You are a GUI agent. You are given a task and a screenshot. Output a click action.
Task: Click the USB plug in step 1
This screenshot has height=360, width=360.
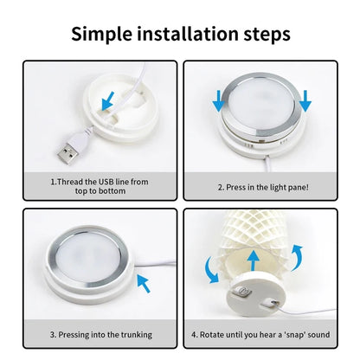[x=69, y=152]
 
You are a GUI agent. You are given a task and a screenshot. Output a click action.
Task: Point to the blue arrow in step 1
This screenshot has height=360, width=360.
[x=107, y=101]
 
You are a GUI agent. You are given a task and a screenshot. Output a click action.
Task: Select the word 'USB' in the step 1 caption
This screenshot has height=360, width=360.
[x=106, y=182]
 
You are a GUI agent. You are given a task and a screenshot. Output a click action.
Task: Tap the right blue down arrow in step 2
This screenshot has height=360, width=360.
[x=305, y=100]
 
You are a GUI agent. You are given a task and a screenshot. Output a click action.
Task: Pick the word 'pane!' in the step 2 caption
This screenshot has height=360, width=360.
[x=299, y=187]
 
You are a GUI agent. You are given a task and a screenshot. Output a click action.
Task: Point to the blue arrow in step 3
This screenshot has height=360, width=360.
[x=144, y=283]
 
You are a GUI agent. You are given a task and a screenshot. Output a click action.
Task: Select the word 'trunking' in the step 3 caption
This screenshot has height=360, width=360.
[x=137, y=335]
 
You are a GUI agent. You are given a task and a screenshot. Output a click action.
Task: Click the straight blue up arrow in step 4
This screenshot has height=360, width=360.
[x=254, y=260]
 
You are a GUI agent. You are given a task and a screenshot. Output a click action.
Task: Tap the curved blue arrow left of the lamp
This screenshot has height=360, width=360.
[x=212, y=270]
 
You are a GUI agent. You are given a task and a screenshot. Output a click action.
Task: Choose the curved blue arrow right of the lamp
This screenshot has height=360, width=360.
[x=297, y=258]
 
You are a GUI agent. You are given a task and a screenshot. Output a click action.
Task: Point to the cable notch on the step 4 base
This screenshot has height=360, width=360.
[x=270, y=303]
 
